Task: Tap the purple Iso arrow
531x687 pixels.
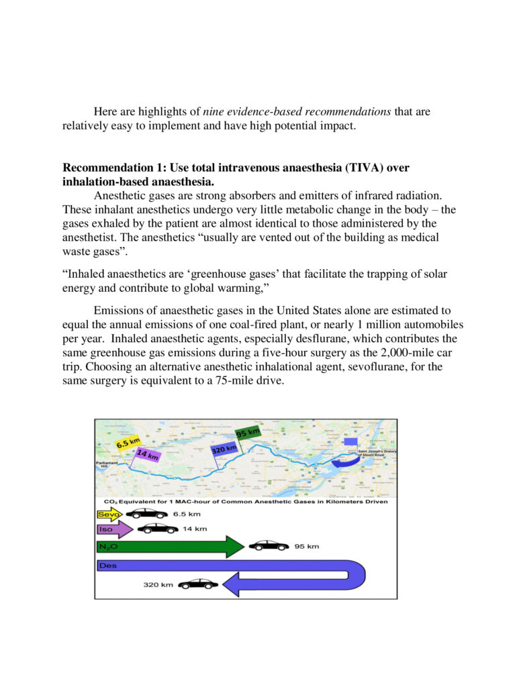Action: click(x=115, y=529)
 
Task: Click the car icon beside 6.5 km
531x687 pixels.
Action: click(x=147, y=514)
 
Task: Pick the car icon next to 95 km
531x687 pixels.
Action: click(x=269, y=546)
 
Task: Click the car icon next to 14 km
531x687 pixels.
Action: click(x=158, y=529)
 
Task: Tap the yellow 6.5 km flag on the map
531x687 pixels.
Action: click(x=128, y=443)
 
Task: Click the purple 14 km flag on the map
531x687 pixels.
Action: click(x=147, y=455)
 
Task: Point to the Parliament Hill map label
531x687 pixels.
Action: click(x=107, y=464)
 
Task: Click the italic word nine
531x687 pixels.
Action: click(x=213, y=111)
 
